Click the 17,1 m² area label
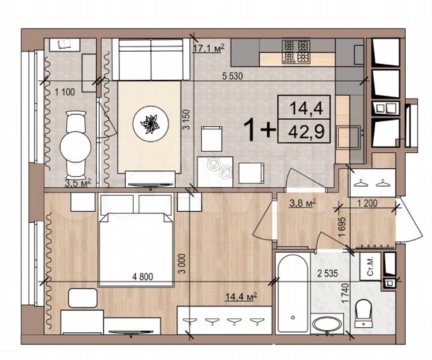point(209,47)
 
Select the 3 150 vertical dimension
point(188,123)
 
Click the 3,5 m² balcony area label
point(77,181)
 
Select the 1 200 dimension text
point(369,204)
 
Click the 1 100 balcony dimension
point(65,91)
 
